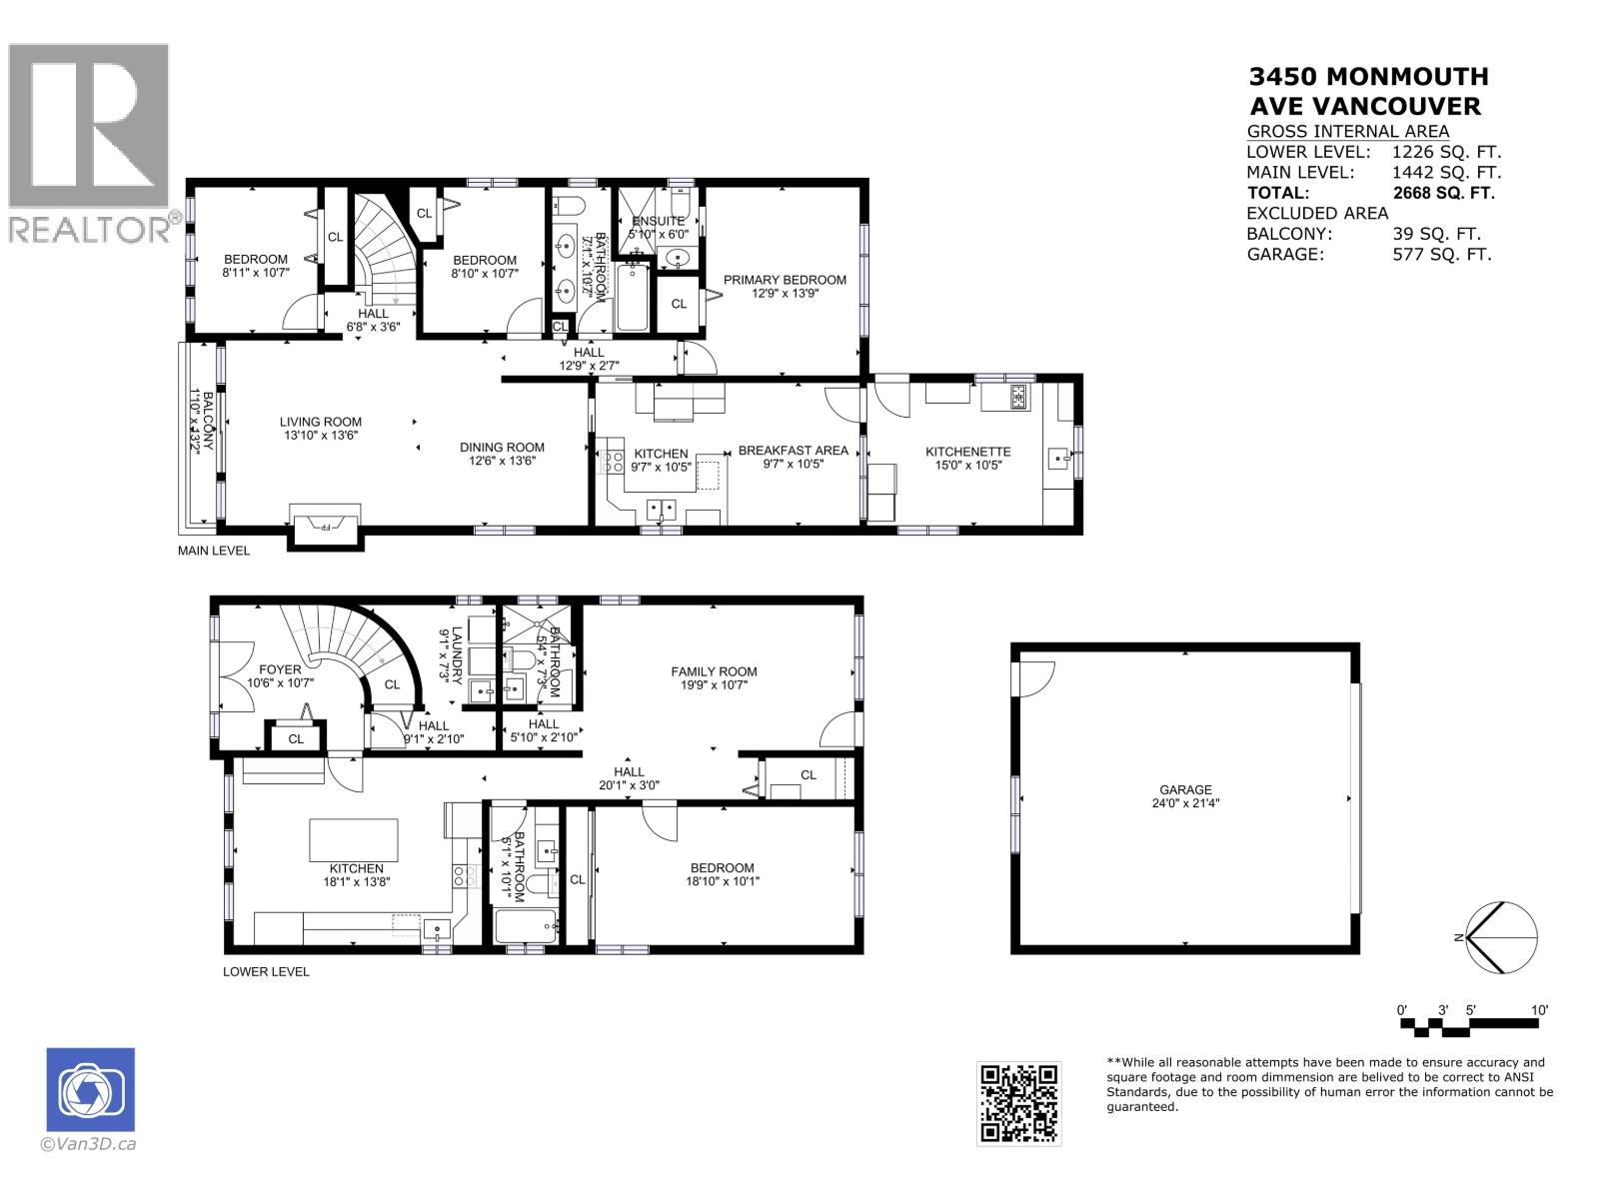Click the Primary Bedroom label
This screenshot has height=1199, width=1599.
(x=785, y=280)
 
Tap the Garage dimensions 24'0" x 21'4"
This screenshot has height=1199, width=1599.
(x=1185, y=803)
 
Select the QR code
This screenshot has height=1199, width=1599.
(x=1018, y=1103)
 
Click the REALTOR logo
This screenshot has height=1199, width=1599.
(x=89, y=140)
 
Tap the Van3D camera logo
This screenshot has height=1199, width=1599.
(x=90, y=1090)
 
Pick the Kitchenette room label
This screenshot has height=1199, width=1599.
(x=967, y=452)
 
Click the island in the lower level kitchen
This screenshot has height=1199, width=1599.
(x=354, y=840)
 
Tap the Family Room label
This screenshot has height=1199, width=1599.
(x=714, y=671)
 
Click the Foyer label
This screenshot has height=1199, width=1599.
(x=280, y=669)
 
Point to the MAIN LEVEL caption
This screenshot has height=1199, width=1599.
(x=213, y=551)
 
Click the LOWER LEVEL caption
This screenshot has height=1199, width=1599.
(x=266, y=971)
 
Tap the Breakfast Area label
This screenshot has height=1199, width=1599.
(x=793, y=451)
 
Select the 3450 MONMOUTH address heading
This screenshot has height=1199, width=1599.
(x=1368, y=77)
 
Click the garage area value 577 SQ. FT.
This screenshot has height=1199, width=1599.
(x=1441, y=254)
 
